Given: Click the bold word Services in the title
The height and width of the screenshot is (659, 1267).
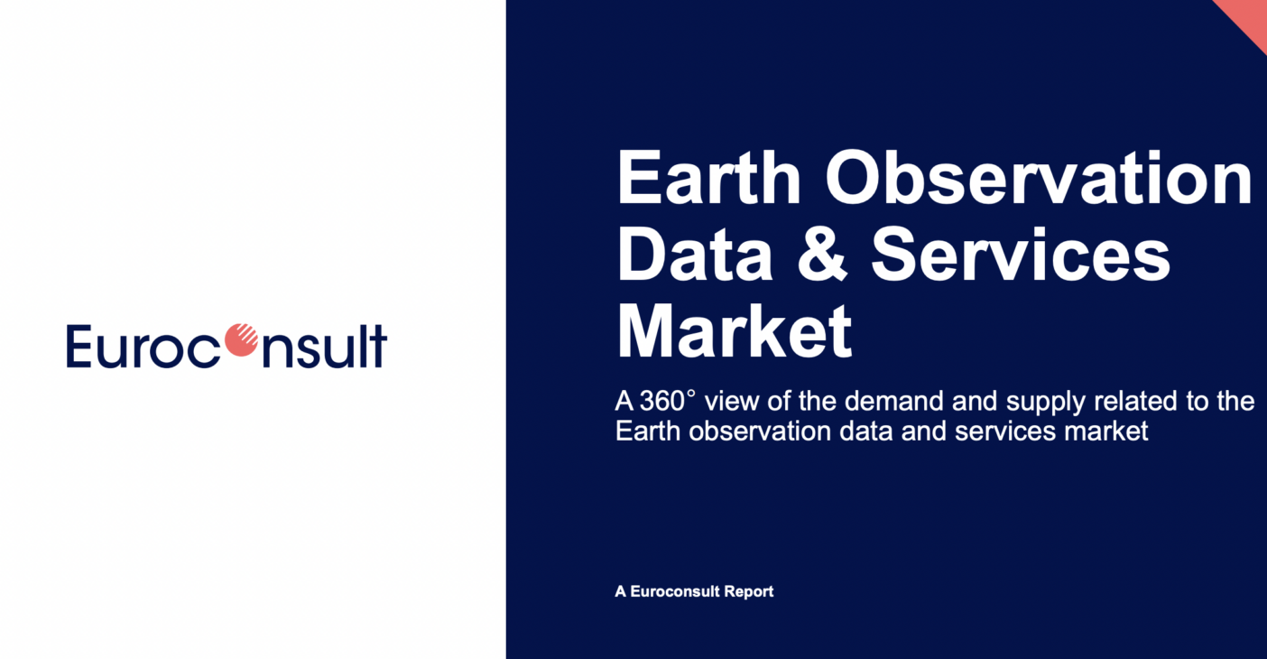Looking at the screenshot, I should (1021, 255).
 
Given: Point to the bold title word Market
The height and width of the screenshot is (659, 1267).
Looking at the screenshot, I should (734, 331).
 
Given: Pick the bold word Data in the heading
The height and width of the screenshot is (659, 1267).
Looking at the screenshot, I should (694, 255).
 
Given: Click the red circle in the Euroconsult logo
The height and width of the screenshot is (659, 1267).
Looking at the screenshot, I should (242, 340).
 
